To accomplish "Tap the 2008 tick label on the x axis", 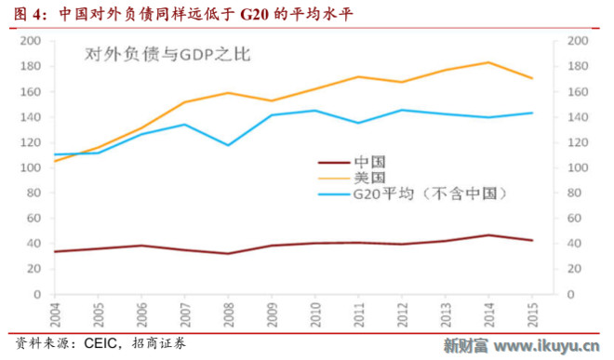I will point(229,311).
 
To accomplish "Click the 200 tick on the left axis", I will point(29,41).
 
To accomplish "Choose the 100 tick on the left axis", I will point(29,167).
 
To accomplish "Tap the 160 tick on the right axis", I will point(577,92).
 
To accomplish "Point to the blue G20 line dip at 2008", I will point(229,145).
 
